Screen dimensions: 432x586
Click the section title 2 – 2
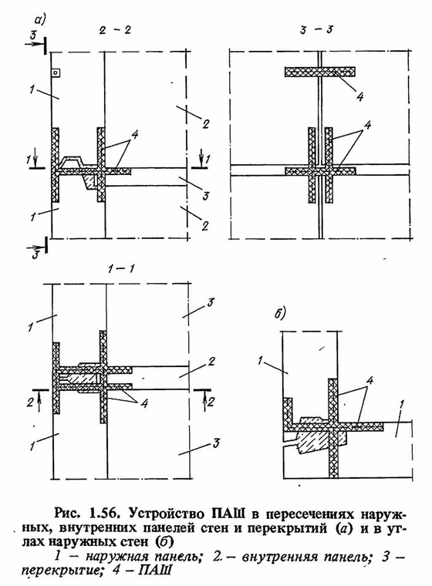[x=115, y=30]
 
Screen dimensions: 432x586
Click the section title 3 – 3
[x=316, y=30]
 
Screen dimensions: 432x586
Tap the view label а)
[x=39, y=19]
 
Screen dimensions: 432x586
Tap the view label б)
[x=280, y=313]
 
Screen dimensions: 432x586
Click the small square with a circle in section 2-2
[x=56, y=73]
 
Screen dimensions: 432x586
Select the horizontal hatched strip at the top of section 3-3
[x=320, y=72]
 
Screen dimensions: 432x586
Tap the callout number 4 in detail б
[x=370, y=381]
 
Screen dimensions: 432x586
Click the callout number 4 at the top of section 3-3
[x=359, y=96]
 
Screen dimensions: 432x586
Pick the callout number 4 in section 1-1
[x=143, y=402]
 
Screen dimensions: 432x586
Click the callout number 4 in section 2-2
[x=135, y=134]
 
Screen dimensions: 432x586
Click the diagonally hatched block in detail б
[x=321, y=442]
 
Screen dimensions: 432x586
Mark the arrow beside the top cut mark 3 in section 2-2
[x=35, y=45]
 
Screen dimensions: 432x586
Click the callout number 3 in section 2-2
[x=205, y=195]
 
